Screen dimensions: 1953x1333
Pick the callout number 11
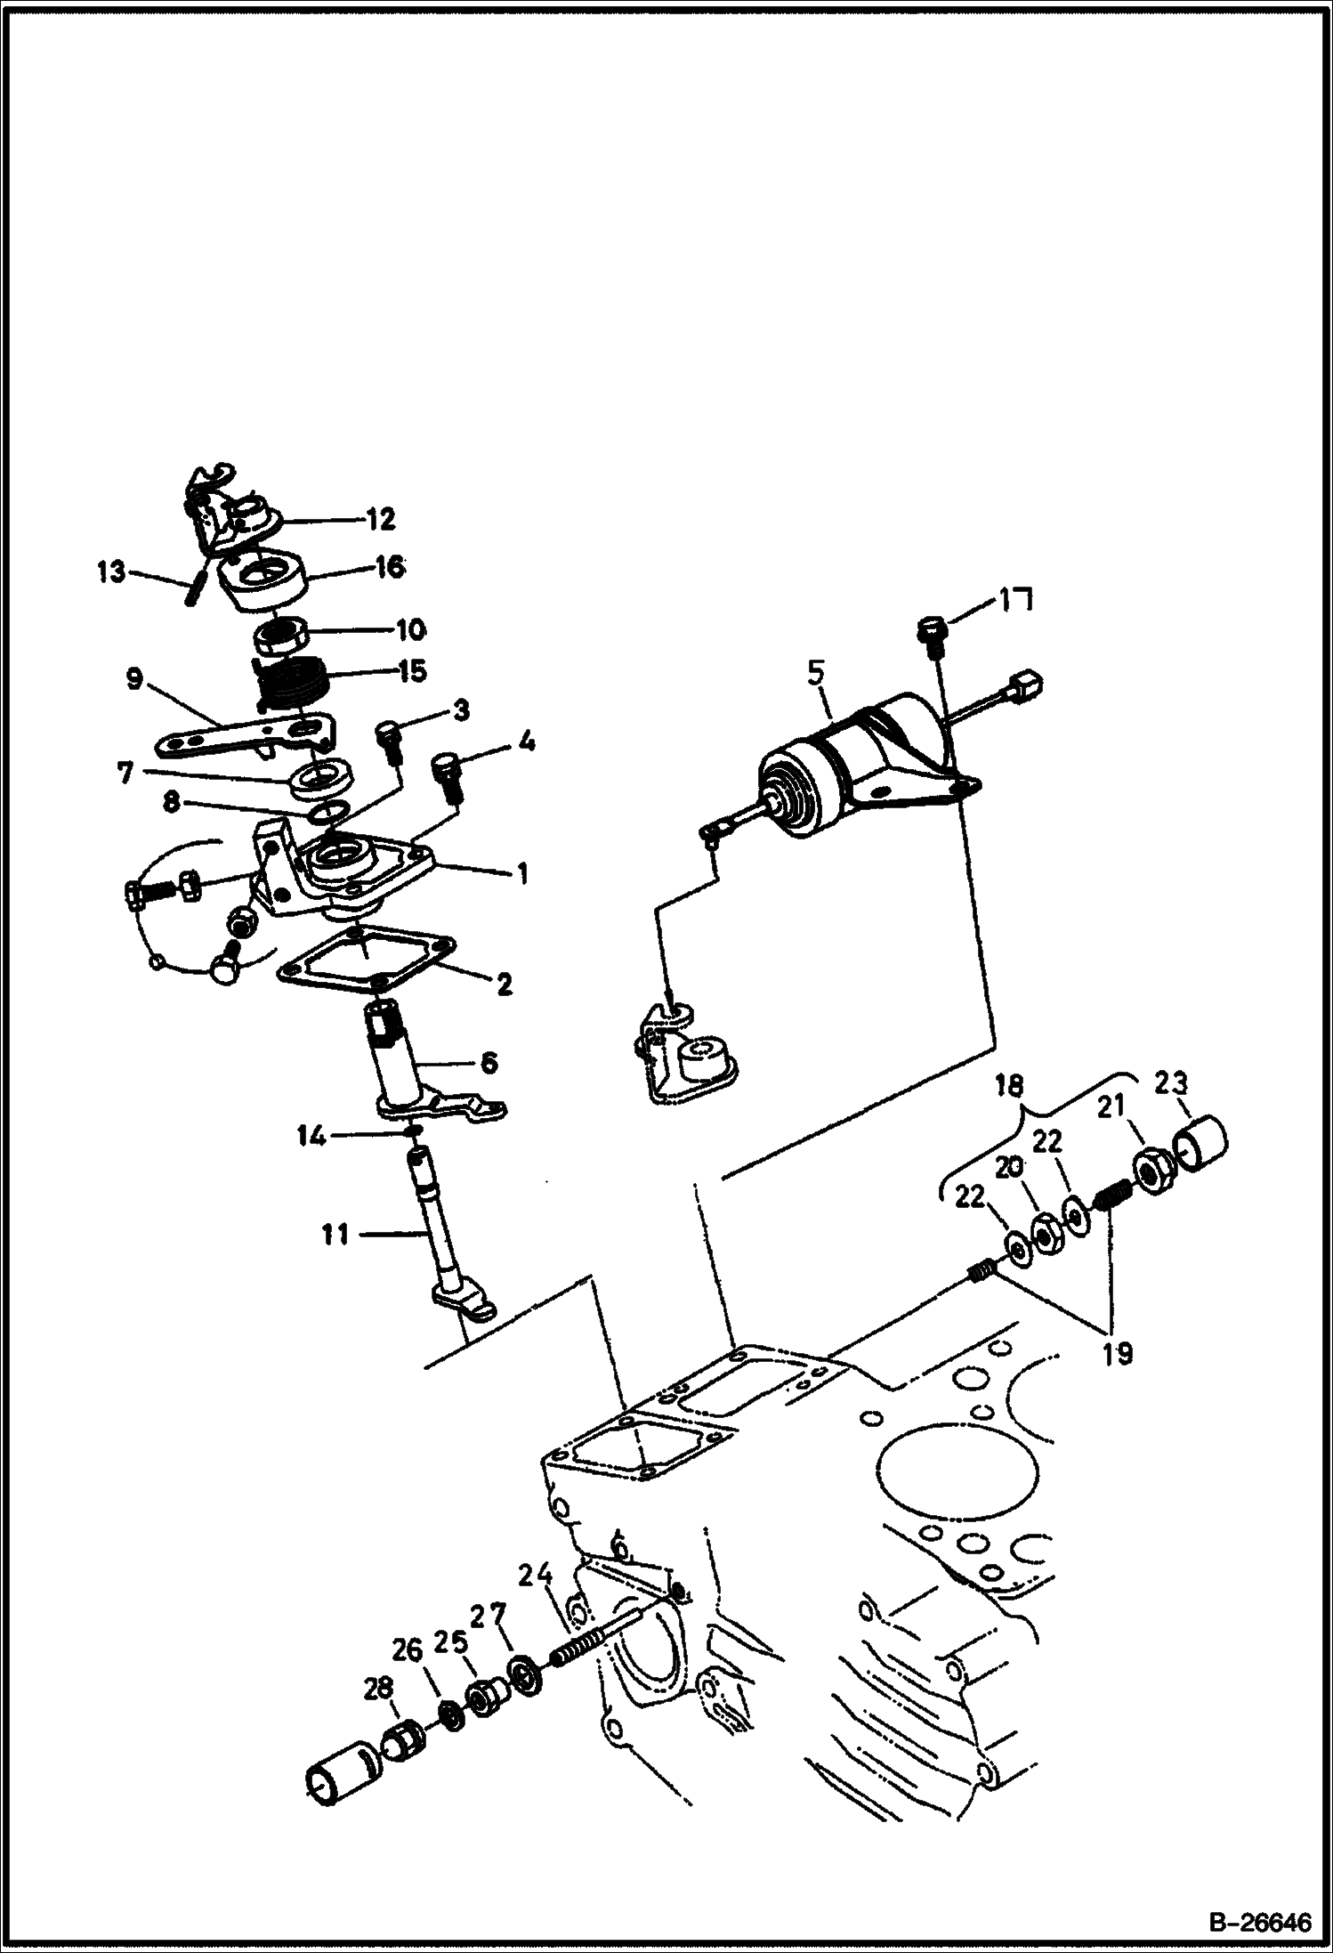pyautogui.click(x=335, y=1236)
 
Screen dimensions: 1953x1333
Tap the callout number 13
pyautogui.click(x=112, y=571)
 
